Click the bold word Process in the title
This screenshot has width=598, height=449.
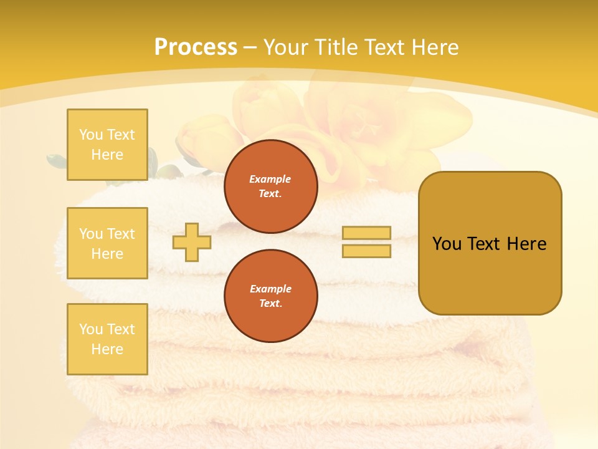point(196,47)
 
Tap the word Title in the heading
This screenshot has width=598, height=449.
point(334,47)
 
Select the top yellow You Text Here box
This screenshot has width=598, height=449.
point(107,145)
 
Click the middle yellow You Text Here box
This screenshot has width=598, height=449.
point(107,243)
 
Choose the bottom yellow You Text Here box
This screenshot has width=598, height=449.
point(107,339)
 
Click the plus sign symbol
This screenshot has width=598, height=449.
point(192,243)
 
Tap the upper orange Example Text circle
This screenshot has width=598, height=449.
point(270,186)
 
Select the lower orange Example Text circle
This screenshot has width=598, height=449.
point(270,296)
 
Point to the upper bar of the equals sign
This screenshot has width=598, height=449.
point(366,233)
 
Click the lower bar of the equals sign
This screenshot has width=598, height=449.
point(366,251)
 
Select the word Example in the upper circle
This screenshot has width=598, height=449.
point(270,179)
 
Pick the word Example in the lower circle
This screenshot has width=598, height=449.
point(270,289)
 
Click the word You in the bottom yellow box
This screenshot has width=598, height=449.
point(91,329)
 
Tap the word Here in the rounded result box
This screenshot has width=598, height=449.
point(526,244)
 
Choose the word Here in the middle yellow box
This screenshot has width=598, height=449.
point(107,254)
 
